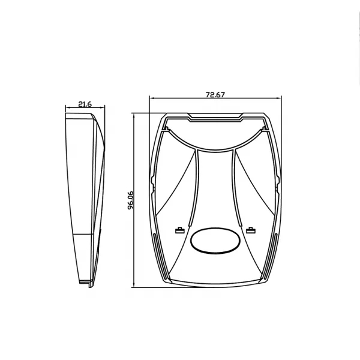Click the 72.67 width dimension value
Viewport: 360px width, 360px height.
[x=215, y=95]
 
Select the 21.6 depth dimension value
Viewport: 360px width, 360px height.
[x=85, y=104]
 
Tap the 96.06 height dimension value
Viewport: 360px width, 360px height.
[x=131, y=200]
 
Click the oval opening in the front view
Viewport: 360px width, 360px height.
[x=215, y=241]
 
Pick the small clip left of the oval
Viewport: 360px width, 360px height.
[x=180, y=230]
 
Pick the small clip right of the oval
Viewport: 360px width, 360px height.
[x=251, y=230]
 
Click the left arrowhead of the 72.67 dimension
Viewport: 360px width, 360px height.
[x=152, y=98]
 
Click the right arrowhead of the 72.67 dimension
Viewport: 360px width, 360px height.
[x=279, y=98]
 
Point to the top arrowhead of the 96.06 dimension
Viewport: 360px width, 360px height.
[x=134, y=115]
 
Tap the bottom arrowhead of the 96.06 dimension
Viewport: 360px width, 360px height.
[x=134, y=284]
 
